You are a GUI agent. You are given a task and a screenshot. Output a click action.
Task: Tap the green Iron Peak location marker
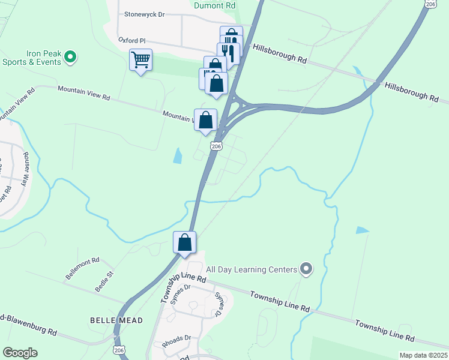[70, 58]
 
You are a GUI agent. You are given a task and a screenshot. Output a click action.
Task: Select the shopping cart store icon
[140, 60]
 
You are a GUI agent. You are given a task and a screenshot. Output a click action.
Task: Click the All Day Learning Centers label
[252, 269]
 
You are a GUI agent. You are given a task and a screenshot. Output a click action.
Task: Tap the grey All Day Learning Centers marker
[306, 269]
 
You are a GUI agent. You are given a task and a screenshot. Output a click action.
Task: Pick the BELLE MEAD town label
[116, 320]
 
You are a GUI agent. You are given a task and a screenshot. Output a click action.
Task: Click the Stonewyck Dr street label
[144, 14]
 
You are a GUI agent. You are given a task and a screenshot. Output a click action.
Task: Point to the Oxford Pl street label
[132, 40]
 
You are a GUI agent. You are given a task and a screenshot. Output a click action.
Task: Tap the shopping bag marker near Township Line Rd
[185, 243]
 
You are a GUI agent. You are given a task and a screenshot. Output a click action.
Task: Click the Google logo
[20, 353]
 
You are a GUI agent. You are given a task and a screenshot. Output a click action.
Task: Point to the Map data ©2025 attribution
[423, 355]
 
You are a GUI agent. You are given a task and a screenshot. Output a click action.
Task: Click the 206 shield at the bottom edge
[119, 350]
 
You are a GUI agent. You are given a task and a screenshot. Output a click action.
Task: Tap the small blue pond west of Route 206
[178, 156]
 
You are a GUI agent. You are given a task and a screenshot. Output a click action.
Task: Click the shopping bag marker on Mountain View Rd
[205, 119]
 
